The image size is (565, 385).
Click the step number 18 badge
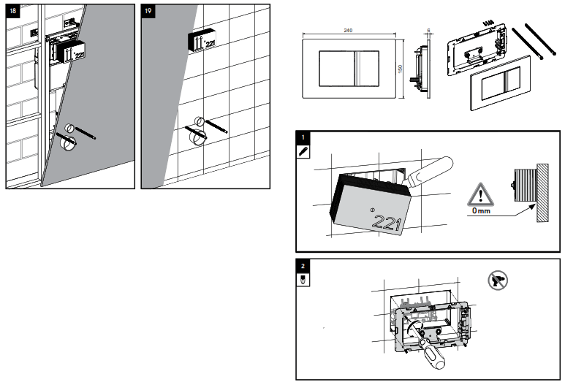pyautogui.click(x=12, y=11)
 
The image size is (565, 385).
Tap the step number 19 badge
pyautogui.click(x=148, y=11)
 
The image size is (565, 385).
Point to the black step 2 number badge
pyautogui.click(x=303, y=265)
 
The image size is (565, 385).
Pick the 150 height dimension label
pyautogui.click(x=400, y=68)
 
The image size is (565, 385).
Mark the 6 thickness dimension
pyautogui.click(x=429, y=31)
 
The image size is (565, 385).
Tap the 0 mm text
pyautogui.click(x=480, y=210)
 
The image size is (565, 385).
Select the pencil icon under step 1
pyautogui.click(x=303, y=150)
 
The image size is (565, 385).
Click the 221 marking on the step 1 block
pyautogui.click(x=385, y=224)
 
